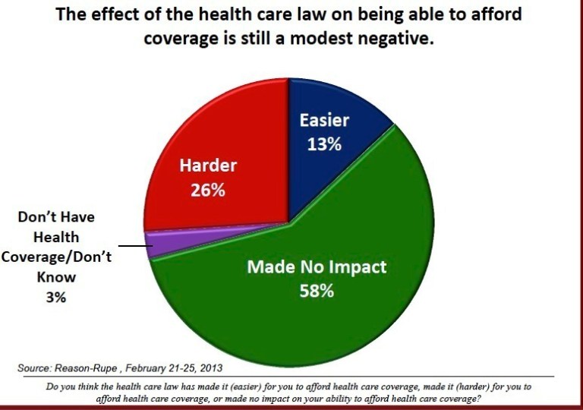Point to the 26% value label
click(x=207, y=190)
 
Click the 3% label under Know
click(x=55, y=298)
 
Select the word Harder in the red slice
click(x=208, y=166)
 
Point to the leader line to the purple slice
click(x=130, y=246)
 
